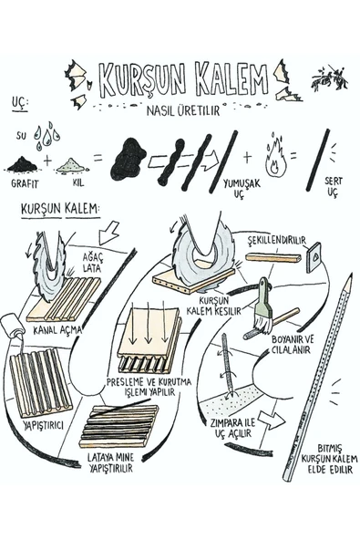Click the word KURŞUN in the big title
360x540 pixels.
(144, 80)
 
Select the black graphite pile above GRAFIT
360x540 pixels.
(23, 163)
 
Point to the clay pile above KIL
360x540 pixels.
(72, 164)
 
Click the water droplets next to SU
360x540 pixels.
(46, 136)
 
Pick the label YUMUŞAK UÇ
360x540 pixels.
(241, 188)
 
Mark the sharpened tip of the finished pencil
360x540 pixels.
(350, 276)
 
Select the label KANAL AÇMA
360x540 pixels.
(57, 330)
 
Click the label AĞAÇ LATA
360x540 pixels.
(92, 263)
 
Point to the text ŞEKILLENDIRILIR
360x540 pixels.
(277, 240)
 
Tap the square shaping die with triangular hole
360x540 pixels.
(314, 257)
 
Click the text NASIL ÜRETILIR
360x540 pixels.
(183, 110)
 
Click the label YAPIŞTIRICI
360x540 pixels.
(44, 425)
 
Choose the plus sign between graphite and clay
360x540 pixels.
(47, 161)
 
